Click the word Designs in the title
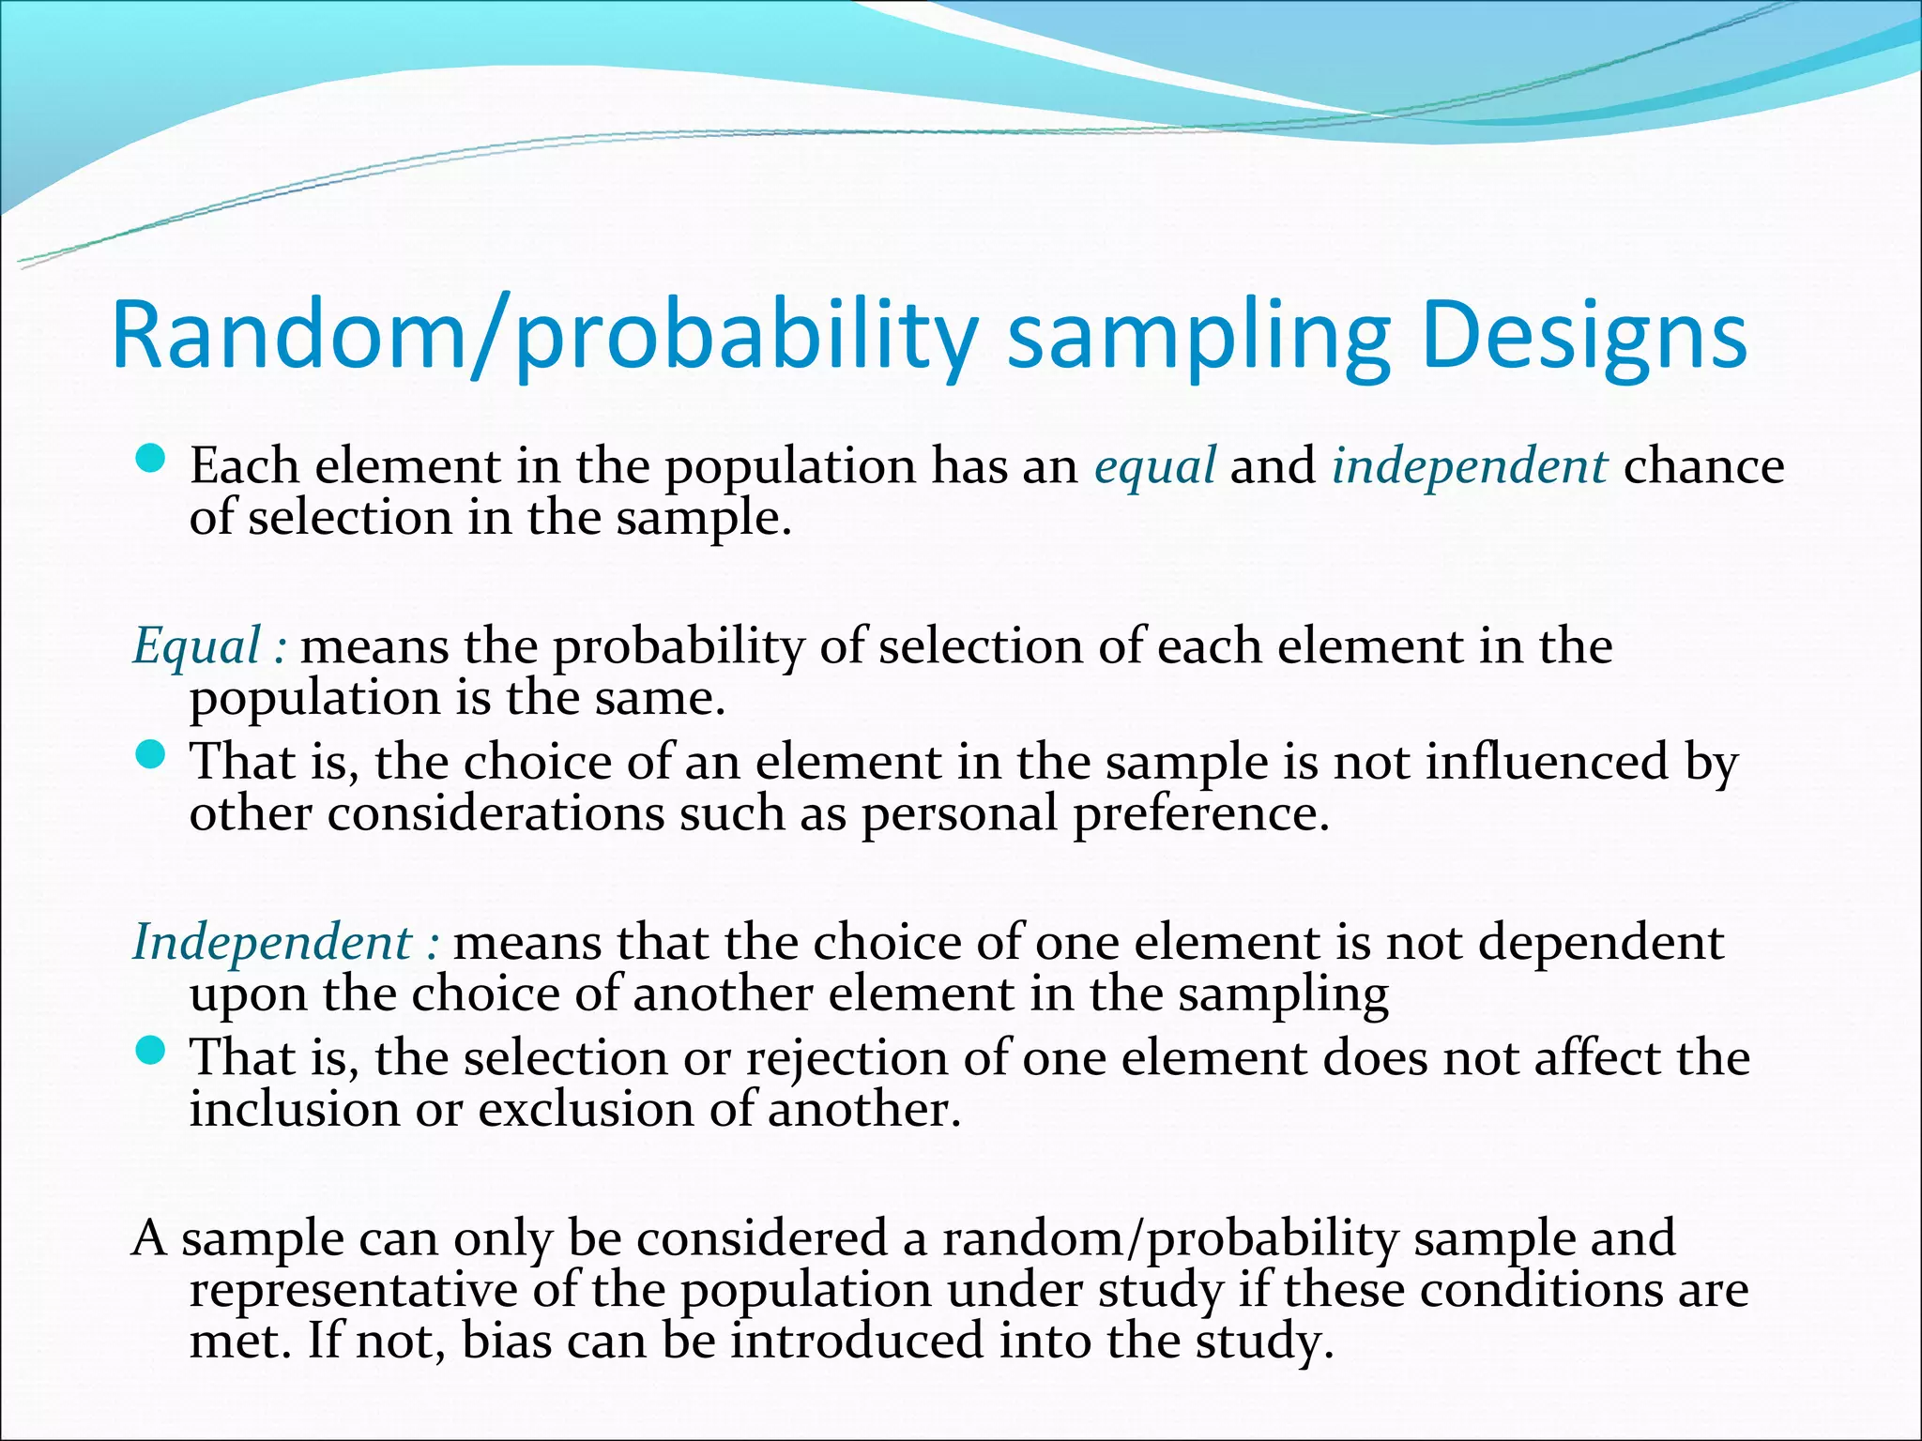click(x=1584, y=336)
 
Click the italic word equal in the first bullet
click(x=1155, y=465)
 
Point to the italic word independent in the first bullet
click(x=1469, y=466)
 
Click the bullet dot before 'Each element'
click(x=150, y=459)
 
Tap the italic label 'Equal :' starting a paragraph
click(x=209, y=646)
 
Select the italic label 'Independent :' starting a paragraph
click(x=285, y=942)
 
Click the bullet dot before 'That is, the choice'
click(x=150, y=754)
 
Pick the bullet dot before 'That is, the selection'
click(x=150, y=1050)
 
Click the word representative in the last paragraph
click(x=353, y=1290)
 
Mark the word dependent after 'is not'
click(x=1601, y=942)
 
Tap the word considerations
click(x=496, y=813)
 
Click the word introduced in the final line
click(x=857, y=1341)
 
